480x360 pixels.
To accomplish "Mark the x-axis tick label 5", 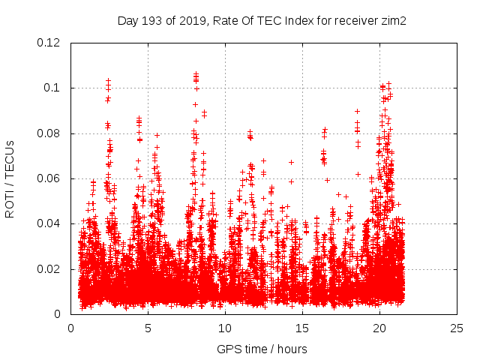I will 148,328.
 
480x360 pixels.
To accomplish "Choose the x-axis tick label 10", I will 225,328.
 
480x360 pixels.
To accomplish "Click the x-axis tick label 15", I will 302,328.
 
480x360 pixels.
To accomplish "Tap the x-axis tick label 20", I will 379,328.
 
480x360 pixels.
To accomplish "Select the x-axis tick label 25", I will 457,328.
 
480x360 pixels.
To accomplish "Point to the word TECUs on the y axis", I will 10,158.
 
